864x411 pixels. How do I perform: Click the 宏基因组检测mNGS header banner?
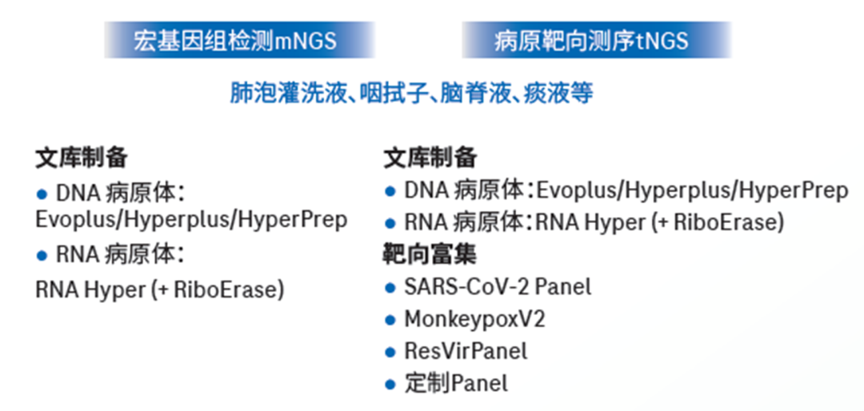click(240, 40)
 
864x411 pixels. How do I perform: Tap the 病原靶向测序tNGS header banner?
click(596, 40)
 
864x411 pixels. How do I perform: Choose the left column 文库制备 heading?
click(82, 158)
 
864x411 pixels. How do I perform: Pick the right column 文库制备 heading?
click(430, 158)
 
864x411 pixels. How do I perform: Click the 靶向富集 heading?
click(430, 254)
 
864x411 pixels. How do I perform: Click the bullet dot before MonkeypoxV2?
click(390, 320)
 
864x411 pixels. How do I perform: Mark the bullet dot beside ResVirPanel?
click(390, 352)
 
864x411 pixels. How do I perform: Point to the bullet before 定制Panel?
click(390, 384)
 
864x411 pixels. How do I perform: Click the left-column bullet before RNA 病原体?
click(42, 255)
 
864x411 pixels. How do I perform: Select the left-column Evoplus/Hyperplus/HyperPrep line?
click(191, 220)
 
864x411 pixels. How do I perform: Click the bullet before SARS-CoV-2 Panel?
click(390, 287)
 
